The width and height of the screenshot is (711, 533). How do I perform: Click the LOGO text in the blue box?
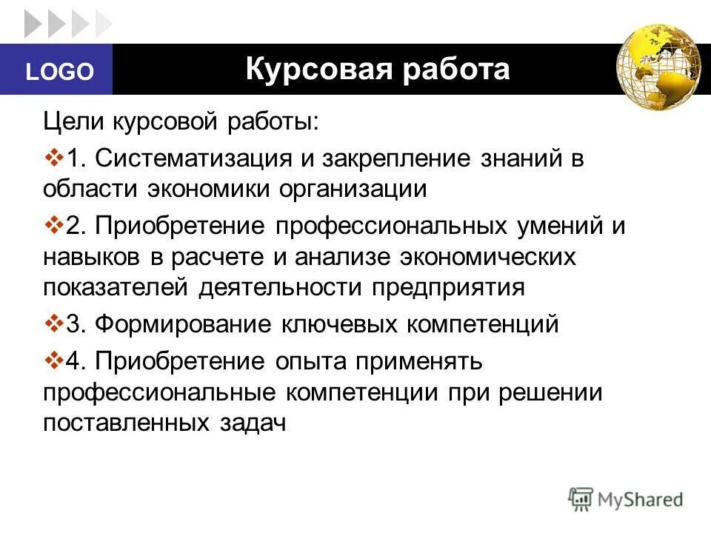pyautogui.click(x=60, y=72)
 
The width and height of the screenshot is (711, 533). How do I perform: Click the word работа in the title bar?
pyautogui.click(x=459, y=69)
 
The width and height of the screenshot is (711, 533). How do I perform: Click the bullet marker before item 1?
pyautogui.click(x=54, y=158)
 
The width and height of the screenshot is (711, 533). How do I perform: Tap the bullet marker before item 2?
pyautogui.click(x=54, y=225)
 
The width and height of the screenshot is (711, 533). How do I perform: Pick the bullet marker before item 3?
pyautogui.click(x=54, y=324)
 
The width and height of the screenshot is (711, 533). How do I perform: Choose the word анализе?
pyautogui.click(x=348, y=257)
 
